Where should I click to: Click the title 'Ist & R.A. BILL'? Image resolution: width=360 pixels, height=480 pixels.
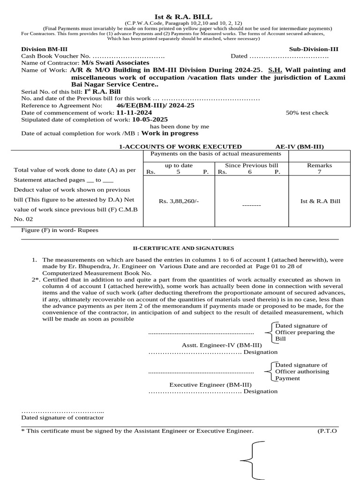pyautogui.click(x=180, y=16)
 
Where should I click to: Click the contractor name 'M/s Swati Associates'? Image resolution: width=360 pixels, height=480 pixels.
pyautogui.click(x=115, y=63)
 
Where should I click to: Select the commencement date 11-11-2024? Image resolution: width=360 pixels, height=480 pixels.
pyautogui.click(x=134, y=113)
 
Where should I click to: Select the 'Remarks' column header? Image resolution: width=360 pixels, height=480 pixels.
pyautogui.click(x=319, y=165)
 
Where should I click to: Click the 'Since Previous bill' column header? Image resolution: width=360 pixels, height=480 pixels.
pyautogui.click(x=251, y=165)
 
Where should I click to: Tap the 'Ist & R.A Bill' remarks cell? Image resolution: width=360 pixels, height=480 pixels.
pyautogui.click(x=320, y=201)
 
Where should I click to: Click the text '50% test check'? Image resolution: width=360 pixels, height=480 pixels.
pyautogui.click(x=307, y=113)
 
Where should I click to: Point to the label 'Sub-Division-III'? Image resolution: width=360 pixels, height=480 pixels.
pyautogui.click(x=314, y=49)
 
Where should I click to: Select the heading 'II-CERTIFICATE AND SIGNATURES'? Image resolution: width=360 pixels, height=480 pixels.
pyautogui.click(x=180, y=248)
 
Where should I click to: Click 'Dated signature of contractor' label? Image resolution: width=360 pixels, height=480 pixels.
pyautogui.click(x=62, y=418)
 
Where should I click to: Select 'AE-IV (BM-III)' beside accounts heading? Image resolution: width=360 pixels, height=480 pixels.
pyautogui.click(x=300, y=147)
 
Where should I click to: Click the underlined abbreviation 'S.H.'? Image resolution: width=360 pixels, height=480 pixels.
pyautogui.click(x=275, y=70)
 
